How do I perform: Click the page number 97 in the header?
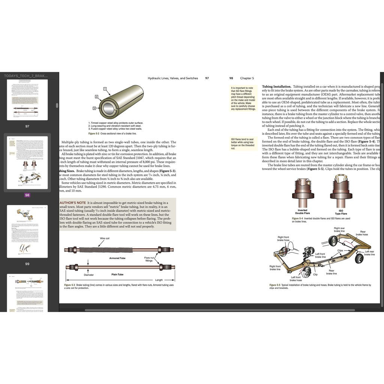[207, 78]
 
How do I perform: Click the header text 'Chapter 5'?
[247, 78]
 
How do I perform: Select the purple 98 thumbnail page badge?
[27, 195]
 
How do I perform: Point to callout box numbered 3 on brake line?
[94, 108]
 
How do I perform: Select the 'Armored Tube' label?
[117, 258]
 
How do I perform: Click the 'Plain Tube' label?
[117, 274]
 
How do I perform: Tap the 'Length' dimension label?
[159, 280]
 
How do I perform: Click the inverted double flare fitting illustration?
[302, 192]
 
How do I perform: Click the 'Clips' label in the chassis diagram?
[340, 250]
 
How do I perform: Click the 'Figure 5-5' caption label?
[276, 285]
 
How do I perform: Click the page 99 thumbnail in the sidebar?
[27, 231]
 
